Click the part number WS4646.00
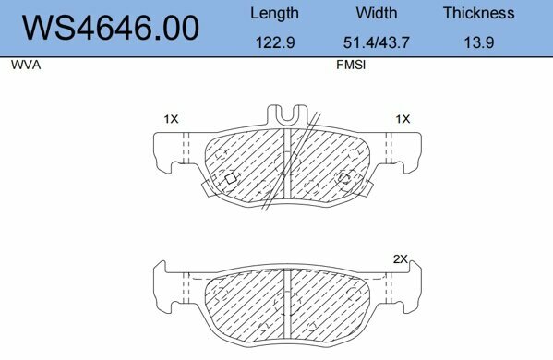pyautogui.click(x=110, y=29)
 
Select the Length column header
pyautogui.click(x=274, y=13)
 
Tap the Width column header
pyautogui.click(x=376, y=13)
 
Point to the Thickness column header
pyautogui.click(x=478, y=13)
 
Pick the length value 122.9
pyautogui.click(x=274, y=43)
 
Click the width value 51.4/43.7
pyautogui.click(x=376, y=43)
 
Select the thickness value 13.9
pyautogui.click(x=478, y=43)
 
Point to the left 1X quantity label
pyautogui.click(x=171, y=119)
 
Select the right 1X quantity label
pyautogui.click(x=402, y=119)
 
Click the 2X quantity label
pyautogui.click(x=400, y=259)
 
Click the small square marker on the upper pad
pyautogui.click(x=232, y=177)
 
